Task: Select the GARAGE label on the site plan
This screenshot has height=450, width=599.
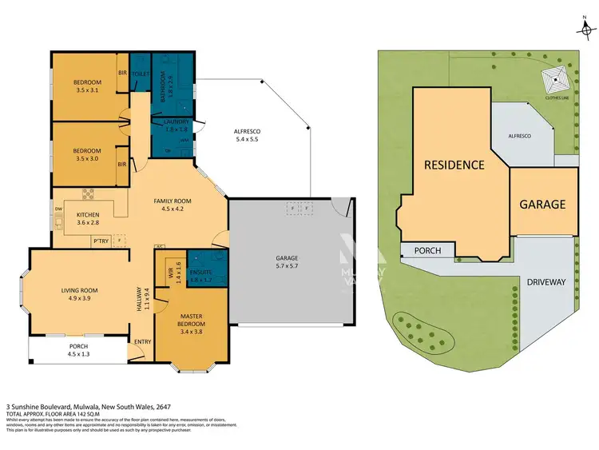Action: click(542, 205)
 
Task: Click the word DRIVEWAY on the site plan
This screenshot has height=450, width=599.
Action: click(545, 282)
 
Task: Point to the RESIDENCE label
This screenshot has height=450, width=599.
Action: click(454, 165)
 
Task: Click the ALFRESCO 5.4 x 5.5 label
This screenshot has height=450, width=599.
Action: click(248, 135)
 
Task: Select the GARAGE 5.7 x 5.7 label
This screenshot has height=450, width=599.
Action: click(286, 262)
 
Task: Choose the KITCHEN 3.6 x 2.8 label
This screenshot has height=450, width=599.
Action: click(87, 219)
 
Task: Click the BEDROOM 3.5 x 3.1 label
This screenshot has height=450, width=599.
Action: click(88, 86)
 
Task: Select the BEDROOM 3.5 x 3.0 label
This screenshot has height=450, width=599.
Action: click(87, 154)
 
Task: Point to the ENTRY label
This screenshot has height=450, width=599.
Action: click(143, 342)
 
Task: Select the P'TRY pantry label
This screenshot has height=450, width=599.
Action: click(101, 240)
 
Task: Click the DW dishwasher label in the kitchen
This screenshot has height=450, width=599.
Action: click(58, 209)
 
